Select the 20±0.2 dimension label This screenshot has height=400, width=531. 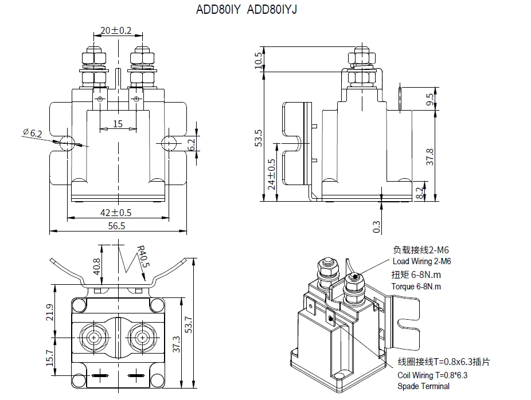(116, 30)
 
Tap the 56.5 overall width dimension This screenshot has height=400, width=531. (117, 225)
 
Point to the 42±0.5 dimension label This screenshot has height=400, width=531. (116, 212)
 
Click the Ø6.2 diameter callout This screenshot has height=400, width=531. (33, 133)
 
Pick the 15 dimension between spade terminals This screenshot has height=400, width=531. (118, 123)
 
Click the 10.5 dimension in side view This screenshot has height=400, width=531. (258, 58)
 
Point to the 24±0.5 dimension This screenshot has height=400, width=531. (272, 174)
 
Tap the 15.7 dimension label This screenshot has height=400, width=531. (50, 359)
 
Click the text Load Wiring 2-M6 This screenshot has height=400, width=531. (422, 262)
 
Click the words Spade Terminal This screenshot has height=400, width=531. (423, 386)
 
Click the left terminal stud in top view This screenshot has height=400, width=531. (94, 338)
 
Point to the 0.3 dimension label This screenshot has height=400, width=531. (376, 227)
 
